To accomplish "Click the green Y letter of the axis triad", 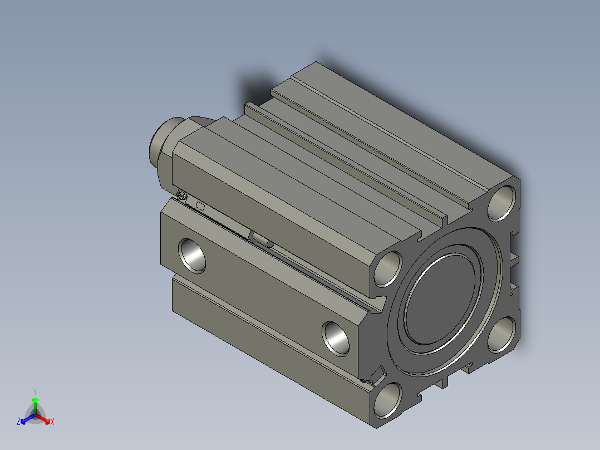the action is [35, 392].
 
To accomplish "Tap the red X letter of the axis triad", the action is [52, 422].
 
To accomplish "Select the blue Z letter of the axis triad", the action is [18, 422].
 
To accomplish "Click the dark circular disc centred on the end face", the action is [441, 298].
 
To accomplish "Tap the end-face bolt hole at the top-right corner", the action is [502, 203].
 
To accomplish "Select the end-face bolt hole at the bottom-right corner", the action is [502, 335].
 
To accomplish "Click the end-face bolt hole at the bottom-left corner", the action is [387, 400].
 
